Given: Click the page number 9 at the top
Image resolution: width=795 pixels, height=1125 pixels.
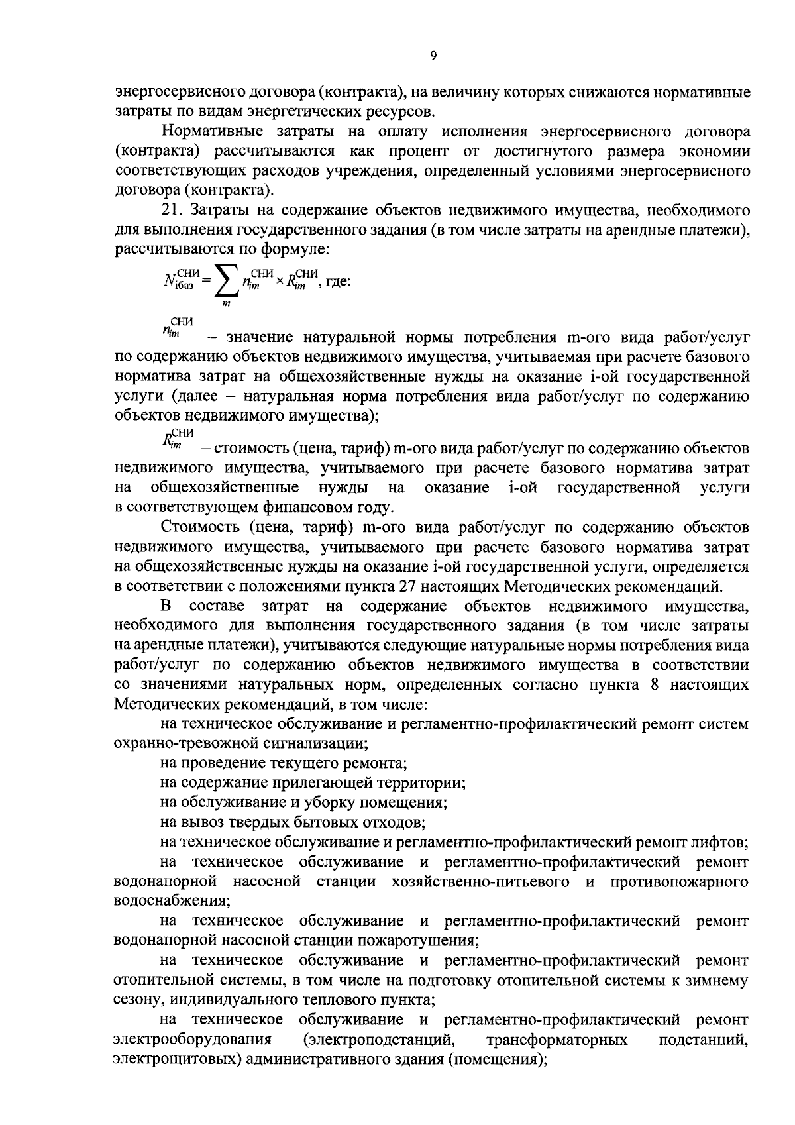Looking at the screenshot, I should coord(433,58).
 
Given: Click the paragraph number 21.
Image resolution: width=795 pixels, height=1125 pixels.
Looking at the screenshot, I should coord(171,210).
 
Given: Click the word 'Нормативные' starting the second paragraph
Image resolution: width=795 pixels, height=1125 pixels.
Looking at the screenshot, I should coord(206,131).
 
